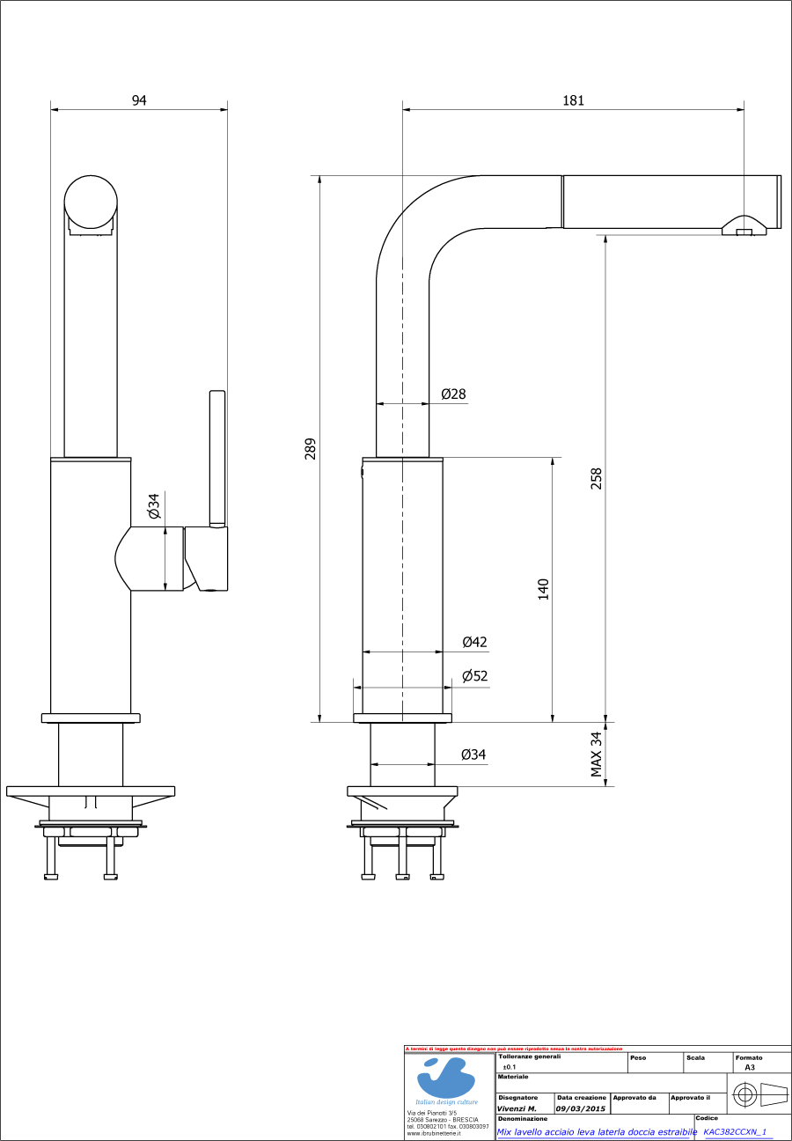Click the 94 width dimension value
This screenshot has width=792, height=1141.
[x=139, y=100]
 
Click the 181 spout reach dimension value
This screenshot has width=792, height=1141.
[x=573, y=100]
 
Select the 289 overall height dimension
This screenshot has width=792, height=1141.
[x=310, y=449]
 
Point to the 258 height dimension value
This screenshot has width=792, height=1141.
[x=597, y=478]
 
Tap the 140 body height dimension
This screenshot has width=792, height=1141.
[x=544, y=589]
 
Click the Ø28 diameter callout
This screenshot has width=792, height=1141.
[x=453, y=394]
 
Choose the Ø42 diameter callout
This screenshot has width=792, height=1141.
[x=474, y=642]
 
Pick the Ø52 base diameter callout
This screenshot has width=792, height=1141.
[x=474, y=676]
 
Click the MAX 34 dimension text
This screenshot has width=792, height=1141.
[x=597, y=755]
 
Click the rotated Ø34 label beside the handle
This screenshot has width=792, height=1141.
[x=153, y=506]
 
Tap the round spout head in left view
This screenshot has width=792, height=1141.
[x=90, y=202]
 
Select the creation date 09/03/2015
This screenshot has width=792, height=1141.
[x=581, y=1108]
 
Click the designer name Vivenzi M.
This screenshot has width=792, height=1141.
[x=517, y=1108]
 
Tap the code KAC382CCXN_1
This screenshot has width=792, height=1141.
[x=736, y=1132]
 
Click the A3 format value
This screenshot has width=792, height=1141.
[x=750, y=1067]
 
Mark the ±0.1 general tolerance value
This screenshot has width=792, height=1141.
[x=510, y=1067]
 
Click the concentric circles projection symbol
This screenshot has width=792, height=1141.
[x=744, y=1096]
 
